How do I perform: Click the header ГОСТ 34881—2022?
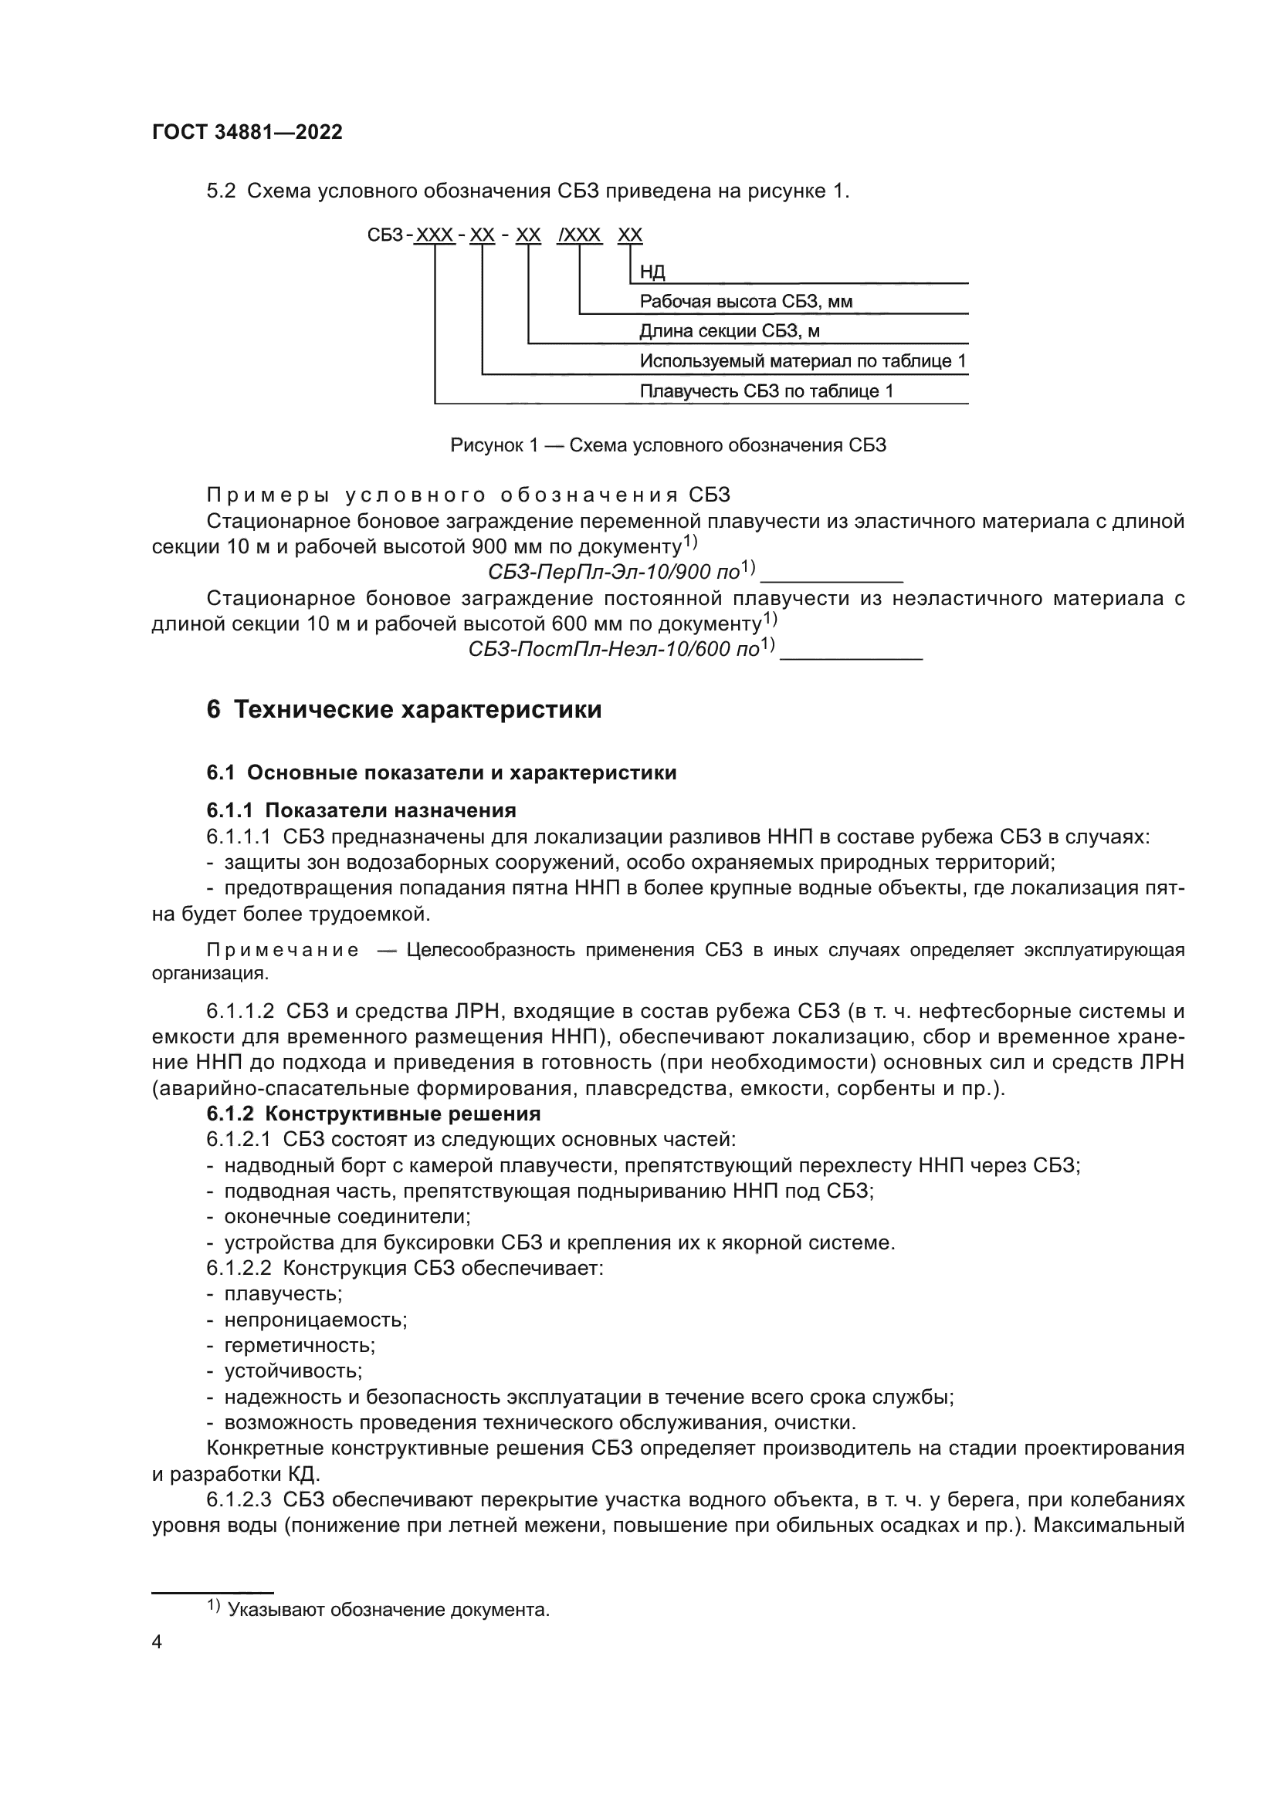click(247, 132)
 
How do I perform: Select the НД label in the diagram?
click(652, 272)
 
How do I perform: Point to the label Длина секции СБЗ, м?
click(728, 331)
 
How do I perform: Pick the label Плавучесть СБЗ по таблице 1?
click(766, 390)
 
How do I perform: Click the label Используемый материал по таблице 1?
click(802, 361)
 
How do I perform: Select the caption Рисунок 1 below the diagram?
click(668, 445)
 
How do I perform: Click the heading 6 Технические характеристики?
click(404, 709)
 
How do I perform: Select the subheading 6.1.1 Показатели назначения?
click(361, 810)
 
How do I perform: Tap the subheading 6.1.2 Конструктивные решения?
click(374, 1114)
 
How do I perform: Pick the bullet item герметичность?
click(300, 1345)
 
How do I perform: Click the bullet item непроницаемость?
click(315, 1319)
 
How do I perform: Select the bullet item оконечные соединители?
click(347, 1217)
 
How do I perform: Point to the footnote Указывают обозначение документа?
click(388, 1609)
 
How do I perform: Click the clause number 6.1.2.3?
click(239, 1500)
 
